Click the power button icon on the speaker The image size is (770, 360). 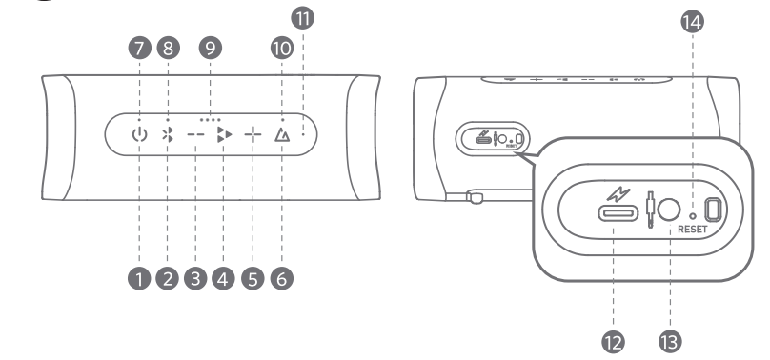point(139,134)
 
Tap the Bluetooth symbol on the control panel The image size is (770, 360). point(168,134)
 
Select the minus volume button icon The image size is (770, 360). point(195,134)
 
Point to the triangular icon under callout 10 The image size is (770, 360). point(282,134)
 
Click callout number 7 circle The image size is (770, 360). point(139,48)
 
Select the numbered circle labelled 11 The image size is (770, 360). point(302,18)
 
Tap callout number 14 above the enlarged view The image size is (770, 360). point(693,22)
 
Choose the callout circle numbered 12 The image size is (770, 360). point(614,341)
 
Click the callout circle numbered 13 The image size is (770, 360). point(670,341)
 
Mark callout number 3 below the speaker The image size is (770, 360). point(195,279)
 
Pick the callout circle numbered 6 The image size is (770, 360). point(282,279)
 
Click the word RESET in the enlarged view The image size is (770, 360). point(693,229)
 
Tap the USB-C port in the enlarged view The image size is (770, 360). point(618,213)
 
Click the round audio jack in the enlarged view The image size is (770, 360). point(669,210)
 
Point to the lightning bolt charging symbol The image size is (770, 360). point(618,194)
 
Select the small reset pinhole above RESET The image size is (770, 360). point(693,215)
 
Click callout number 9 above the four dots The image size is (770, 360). point(211,48)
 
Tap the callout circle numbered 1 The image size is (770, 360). point(139,279)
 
